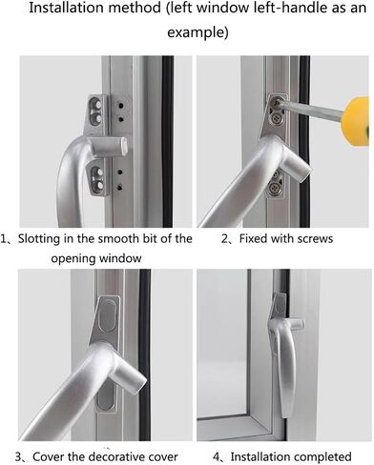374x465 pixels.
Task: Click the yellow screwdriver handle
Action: (x=355, y=122)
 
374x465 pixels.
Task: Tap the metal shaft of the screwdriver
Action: (x=312, y=108)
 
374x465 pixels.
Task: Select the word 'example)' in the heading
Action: (x=197, y=32)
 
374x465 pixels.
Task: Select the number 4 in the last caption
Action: (x=217, y=457)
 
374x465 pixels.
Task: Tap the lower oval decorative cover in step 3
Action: (x=105, y=399)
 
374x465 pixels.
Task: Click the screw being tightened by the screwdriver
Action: (x=275, y=102)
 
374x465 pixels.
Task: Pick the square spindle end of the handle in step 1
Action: (x=121, y=147)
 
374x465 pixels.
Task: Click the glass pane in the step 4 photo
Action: (x=221, y=343)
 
